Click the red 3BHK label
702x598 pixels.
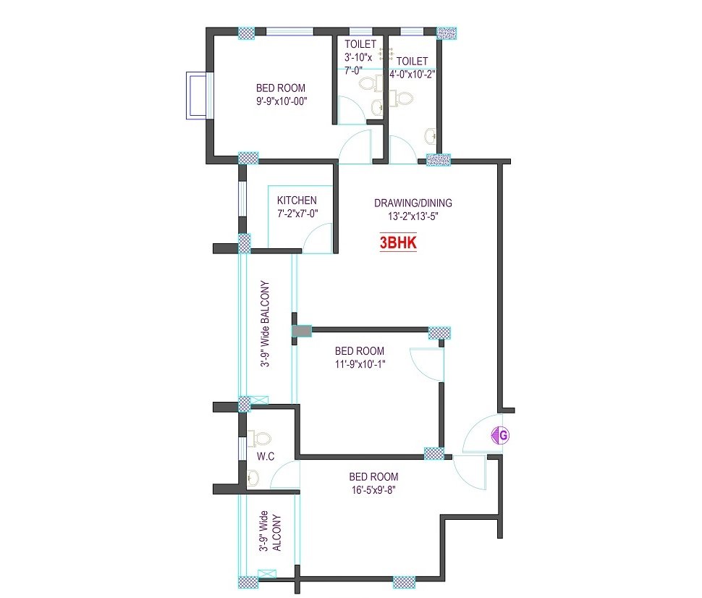click(398, 243)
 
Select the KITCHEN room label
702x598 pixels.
click(297, 201)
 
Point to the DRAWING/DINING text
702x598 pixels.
click(413, 203)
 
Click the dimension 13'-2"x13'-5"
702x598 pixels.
click(413, 216)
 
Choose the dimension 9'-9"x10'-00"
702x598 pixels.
click(281, 101)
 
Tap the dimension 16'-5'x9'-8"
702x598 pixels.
click(373, 490)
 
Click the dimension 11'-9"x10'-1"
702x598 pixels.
click(360, 364)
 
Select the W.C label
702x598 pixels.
click(266, 456)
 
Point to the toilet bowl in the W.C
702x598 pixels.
click(259, 438)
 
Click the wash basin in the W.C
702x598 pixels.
click(253, 478)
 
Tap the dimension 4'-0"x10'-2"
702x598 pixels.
click(413, 75)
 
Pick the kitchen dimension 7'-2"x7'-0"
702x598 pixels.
click(297, 214)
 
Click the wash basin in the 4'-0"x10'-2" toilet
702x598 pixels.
click(430, 136)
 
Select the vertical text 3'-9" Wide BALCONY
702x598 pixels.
click(266, 324)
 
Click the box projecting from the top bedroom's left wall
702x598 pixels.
click(197, 96)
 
